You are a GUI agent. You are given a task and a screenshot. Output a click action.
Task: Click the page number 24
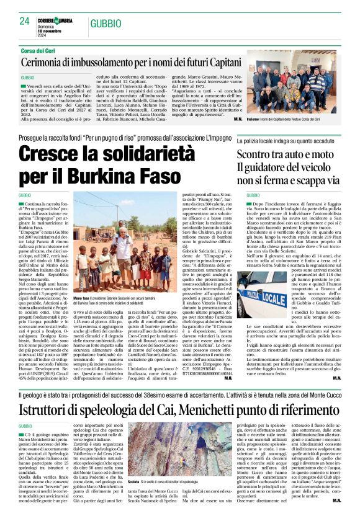[x=25, y=21]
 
